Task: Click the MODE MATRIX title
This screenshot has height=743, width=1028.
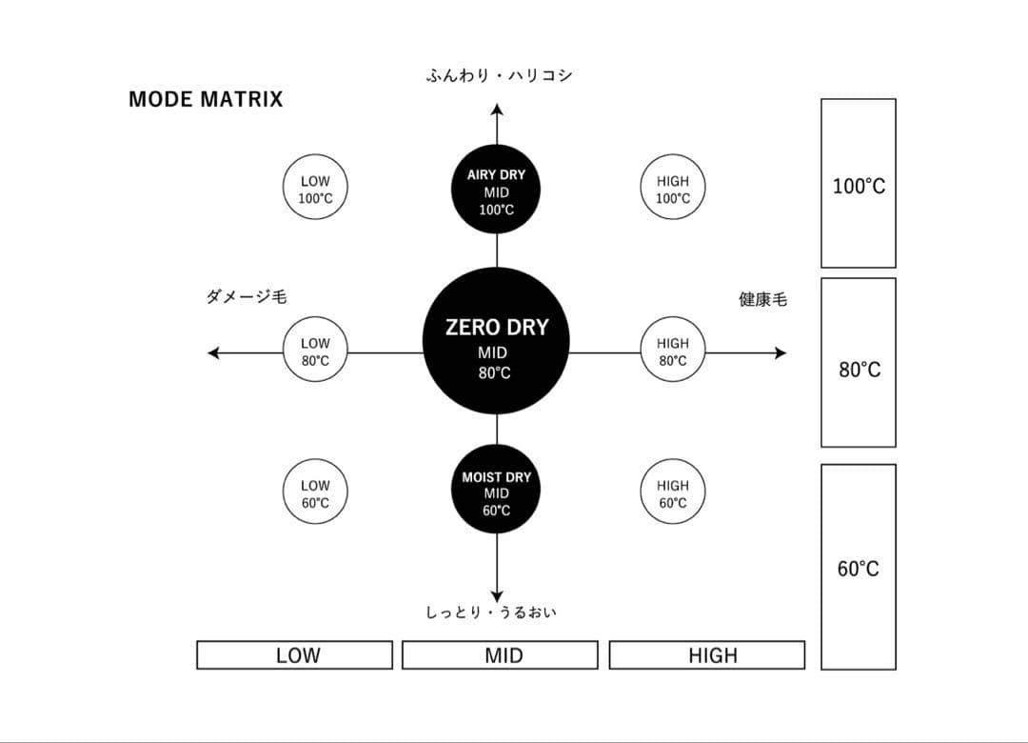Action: pos(206,100)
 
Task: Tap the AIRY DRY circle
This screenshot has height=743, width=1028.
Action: pos(496,191)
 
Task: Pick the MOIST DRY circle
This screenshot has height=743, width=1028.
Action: pos(496,493)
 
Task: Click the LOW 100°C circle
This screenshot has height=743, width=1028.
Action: pos(315,189)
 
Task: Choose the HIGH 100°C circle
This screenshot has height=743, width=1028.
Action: pos(672,189)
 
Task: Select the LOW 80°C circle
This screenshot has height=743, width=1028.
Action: pos(315,351)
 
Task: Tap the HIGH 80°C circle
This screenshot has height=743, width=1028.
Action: pos(672,351)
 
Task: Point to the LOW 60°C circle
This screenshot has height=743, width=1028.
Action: pos(315,493)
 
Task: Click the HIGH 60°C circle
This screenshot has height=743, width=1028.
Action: pos(672,493)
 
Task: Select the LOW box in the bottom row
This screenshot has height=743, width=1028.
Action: pos(295,655)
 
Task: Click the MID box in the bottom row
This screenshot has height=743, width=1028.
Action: pos(501,655)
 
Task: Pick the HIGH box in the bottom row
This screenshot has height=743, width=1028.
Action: pos(707,655)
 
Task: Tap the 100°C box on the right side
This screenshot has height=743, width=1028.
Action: pos(859,184)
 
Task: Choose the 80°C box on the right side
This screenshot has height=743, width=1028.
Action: pos(859,363)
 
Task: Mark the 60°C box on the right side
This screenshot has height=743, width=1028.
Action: pos(859,567)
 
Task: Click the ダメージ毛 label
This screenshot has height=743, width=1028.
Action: pos(247,298)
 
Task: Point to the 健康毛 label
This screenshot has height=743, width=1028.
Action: pos(763,299)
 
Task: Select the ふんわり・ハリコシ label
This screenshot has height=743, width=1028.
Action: pos(499,75)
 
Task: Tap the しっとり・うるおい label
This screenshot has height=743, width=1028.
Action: pos(491,612)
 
